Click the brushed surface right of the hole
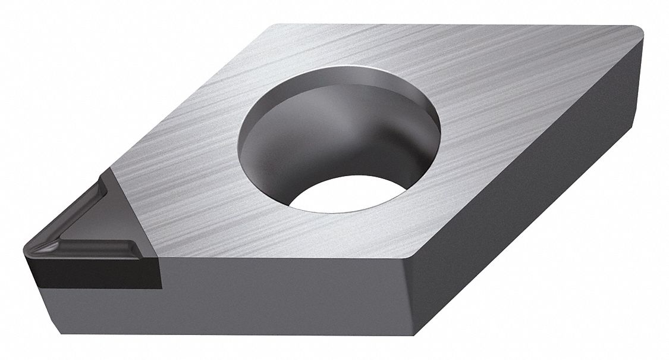coord(505,119)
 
